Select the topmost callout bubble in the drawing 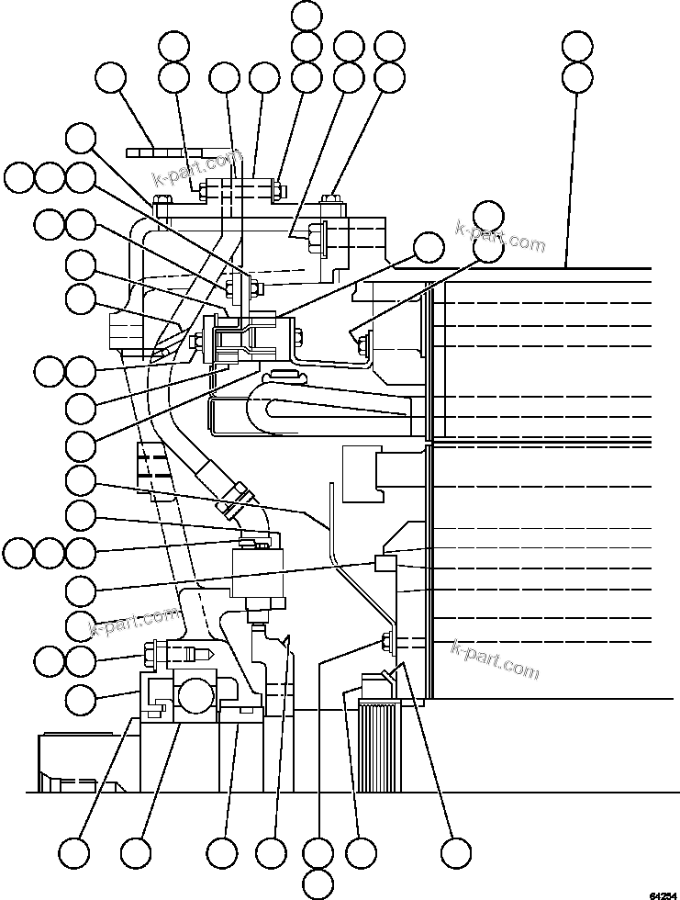306,16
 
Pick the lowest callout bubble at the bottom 318,883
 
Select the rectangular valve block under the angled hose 258,570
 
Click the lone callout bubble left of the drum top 428,248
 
